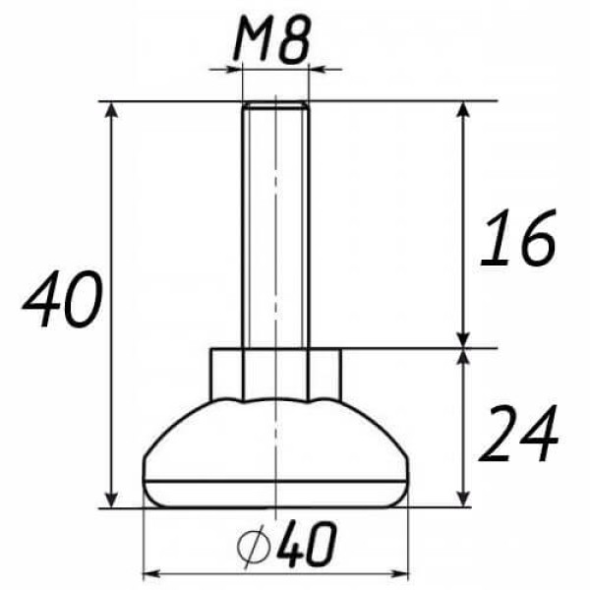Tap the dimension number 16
tap(518, 237)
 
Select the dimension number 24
tap(518, 433)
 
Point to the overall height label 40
tap(63, 298)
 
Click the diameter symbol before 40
tap(255, 545)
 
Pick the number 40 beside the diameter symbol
tap(306, 545)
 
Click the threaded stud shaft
tap(275, 226)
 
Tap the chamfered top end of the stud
tap(275, 104)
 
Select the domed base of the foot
tap(275, 441)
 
